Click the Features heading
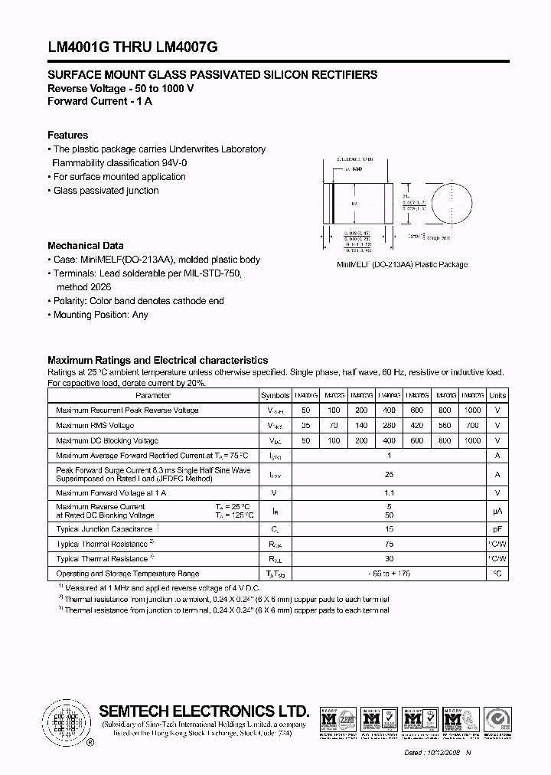tap(67, 135)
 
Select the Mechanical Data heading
tap(85, 246)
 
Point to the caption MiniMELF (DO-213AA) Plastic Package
tap(403, 265)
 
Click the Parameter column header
tap(153, 396)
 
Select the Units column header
tap(497, 396)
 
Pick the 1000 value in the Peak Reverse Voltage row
tap(472, 410)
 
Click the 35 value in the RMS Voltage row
tap(305, 425)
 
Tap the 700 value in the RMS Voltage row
tap(472, 425)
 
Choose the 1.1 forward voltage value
tap(389, 493)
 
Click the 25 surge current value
tap(389, 475)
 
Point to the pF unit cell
tap(497, 529)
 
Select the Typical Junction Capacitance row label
tap(105, 529)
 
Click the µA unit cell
tap(497, 511)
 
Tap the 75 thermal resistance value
tap(389, 544)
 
